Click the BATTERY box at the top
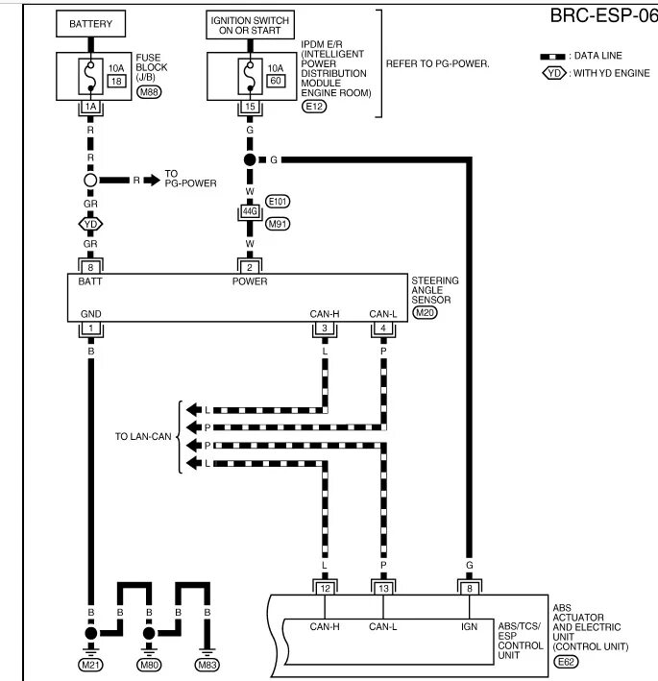(x=91, y=23)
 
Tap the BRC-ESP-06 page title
(x=601, y=16)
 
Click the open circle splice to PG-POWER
(x=91, y=180)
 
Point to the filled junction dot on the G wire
(x=249, y=158)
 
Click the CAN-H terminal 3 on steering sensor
(x=325, y=329)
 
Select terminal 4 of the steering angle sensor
(x=383, y=329)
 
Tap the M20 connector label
(x=424, y=312)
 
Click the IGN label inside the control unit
(x=469, y=627)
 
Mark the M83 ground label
(x=207, y=665)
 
